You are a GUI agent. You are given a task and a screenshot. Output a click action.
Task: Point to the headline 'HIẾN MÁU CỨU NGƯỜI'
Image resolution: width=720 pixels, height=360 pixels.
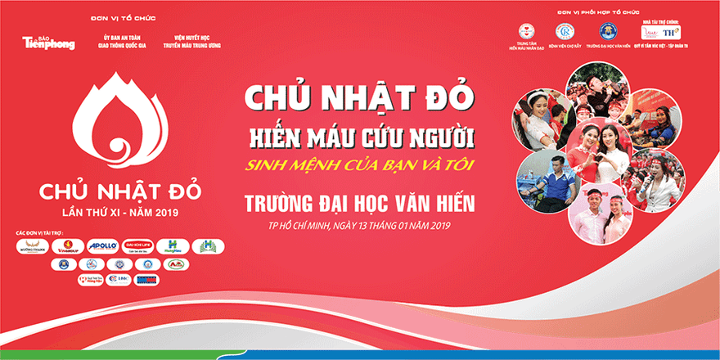coord(362,133)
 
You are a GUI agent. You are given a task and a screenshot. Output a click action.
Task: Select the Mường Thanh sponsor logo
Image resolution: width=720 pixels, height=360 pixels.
coord(31,246)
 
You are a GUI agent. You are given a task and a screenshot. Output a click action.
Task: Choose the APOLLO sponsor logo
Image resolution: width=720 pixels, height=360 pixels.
coord(102,246)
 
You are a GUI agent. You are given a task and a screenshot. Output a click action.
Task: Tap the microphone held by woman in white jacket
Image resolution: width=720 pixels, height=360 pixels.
coord(646,182)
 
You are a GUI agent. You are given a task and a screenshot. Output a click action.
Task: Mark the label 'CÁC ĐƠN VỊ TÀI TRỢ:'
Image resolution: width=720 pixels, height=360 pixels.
coord(41,234)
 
